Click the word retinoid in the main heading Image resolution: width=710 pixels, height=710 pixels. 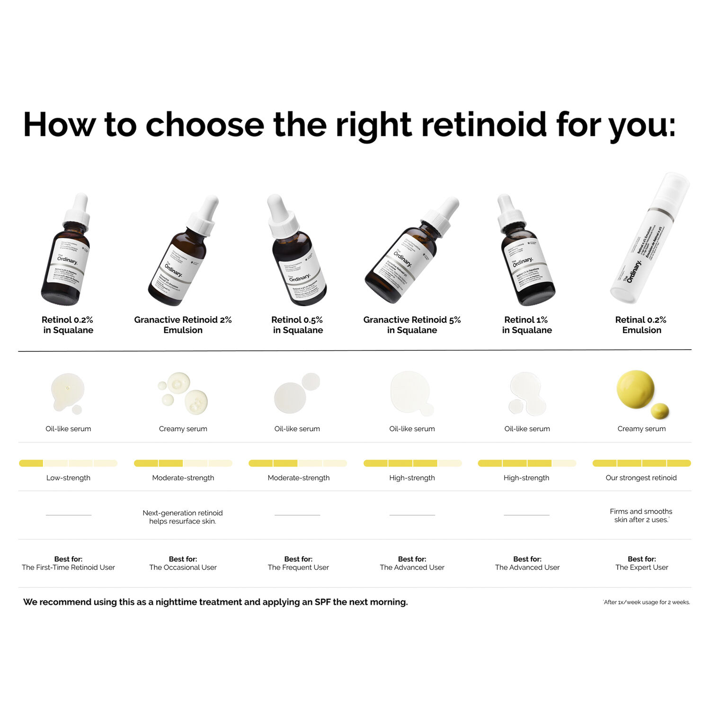tap(483, 124)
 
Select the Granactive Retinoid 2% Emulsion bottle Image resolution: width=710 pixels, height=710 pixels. tap(180, 260)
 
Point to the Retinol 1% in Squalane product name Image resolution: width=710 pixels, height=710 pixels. tap(526, 325)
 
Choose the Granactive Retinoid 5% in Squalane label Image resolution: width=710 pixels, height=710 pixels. tap(412, 325)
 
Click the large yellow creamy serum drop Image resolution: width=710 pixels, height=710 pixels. tap(635, 389)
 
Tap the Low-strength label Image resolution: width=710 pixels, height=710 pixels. tap(68, 478)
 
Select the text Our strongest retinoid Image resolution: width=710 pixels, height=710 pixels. tap(641, 478)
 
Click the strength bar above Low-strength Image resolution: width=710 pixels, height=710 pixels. tap(68, 463)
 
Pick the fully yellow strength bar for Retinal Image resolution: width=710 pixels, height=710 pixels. tap(641, 463)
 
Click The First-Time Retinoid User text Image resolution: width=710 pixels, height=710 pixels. tap(68, 567)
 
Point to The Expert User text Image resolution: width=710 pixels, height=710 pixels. tap(641, 567)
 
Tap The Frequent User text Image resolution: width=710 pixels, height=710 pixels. tap(298, 567)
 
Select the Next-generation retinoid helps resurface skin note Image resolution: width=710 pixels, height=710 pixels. tap(183, 517)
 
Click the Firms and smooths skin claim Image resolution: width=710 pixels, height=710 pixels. tap(641, 515)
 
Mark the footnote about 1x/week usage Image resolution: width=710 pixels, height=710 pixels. tap(647, 602)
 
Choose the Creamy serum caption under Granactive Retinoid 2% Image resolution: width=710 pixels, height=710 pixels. tap(183, 428)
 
